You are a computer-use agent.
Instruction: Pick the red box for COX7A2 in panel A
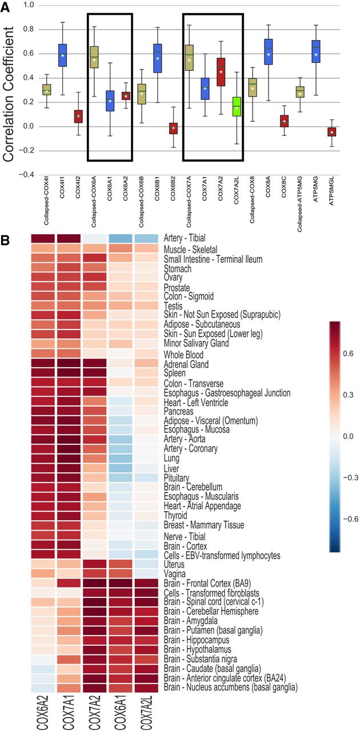[x=221, y=71]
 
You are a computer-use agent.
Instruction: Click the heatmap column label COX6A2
[x=42, y=711]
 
